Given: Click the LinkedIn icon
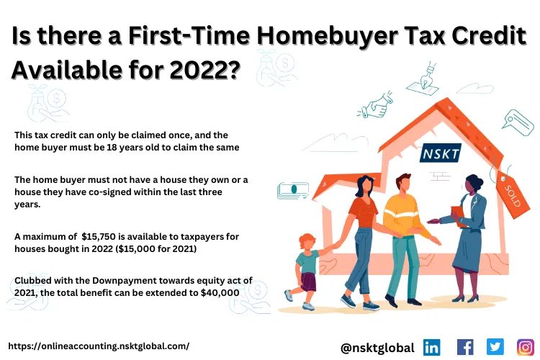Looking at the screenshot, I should tap(432, 347).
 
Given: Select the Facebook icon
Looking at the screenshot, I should tap(465, 347).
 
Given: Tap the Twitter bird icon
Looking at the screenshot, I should tap(495, 347).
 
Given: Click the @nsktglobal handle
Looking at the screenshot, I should tap(377, 348).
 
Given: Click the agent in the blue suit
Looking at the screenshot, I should tap(469, 230).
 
